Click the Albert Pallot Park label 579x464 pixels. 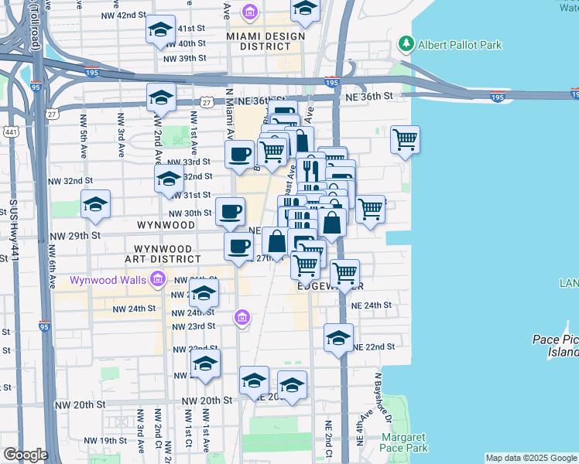click(460, 45)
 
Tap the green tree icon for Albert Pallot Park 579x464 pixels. click(405, 44)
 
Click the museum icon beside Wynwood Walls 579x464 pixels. click(158, 278)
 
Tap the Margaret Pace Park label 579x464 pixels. click(403, 442)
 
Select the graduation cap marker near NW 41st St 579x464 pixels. click(160, 31)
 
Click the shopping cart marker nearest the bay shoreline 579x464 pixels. click(405, 140)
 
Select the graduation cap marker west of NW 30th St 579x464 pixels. click(95, 205)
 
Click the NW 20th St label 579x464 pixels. click(207, 401)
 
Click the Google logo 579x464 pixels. click(26, 455)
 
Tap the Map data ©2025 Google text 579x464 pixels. click(530, 458)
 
